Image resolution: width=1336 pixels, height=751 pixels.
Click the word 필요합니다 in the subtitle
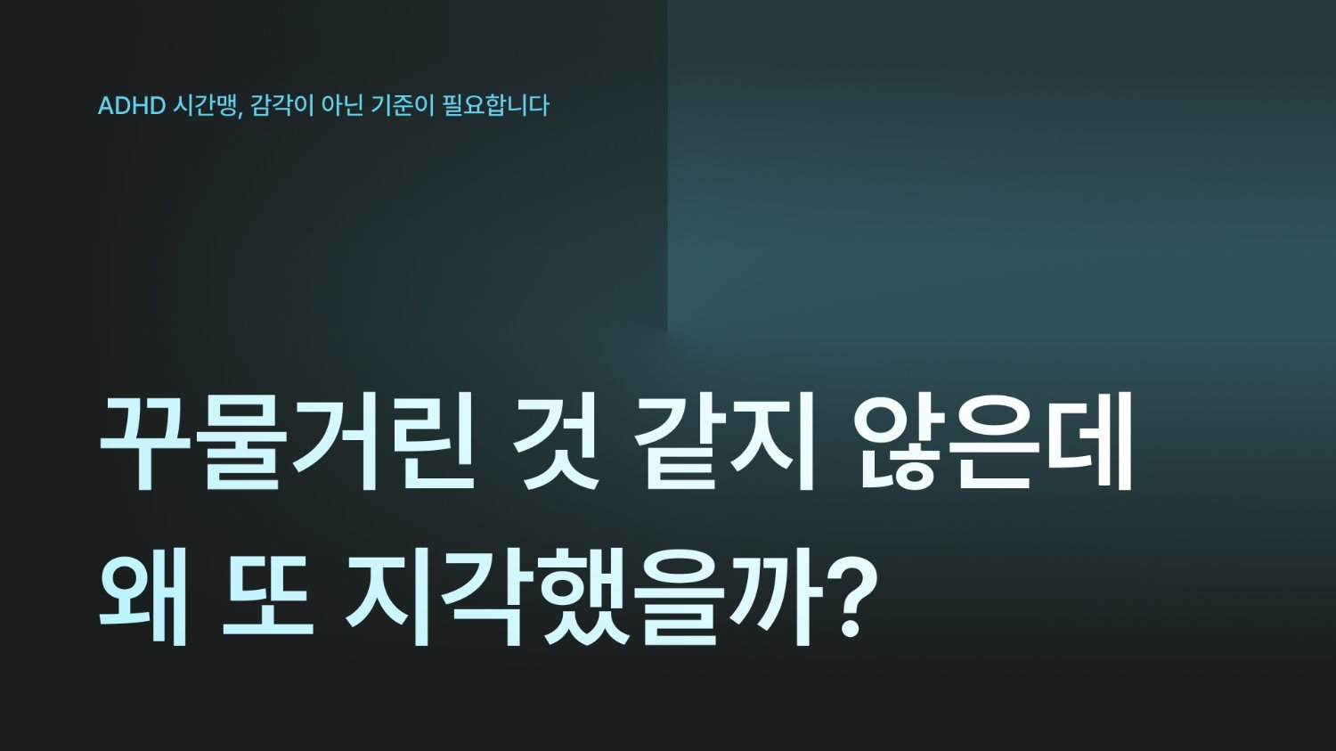[x=496, y=105]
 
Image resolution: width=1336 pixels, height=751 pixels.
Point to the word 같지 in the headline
[x=726, y=441]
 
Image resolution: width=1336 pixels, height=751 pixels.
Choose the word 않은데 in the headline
[x=994, y=441]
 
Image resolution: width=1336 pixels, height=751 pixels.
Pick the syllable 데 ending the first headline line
[x=1090, y=441]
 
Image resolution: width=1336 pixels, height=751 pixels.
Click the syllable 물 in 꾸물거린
[x=240, y=441]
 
